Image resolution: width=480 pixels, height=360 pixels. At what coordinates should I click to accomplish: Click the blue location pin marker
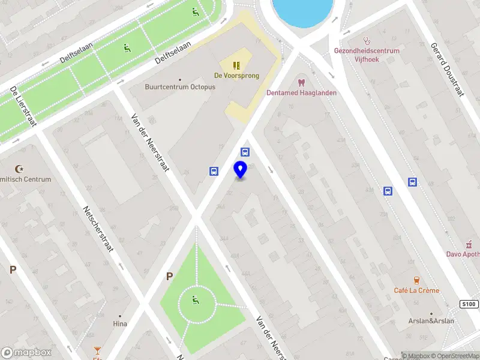[241, 170]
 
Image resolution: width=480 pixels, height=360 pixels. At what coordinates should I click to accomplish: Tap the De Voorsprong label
[236, 76]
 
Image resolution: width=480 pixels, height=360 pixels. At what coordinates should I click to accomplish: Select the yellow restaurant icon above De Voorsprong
[236, 64]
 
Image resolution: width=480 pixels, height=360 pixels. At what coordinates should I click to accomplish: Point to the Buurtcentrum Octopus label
[180, 87]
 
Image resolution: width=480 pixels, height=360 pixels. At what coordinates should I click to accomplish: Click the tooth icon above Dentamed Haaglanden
[301, 82]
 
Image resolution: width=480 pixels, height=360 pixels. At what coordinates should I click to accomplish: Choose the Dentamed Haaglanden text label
[301, 93]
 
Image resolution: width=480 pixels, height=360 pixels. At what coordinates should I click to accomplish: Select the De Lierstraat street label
[23, 106]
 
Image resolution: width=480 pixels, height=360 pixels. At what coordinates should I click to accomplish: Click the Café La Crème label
[416, 290]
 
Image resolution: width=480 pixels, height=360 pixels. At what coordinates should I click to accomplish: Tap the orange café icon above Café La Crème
[416, 280]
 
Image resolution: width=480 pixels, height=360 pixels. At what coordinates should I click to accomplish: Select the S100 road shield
[469, 304]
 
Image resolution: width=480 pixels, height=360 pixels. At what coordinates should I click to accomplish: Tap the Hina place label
[120, 324]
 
